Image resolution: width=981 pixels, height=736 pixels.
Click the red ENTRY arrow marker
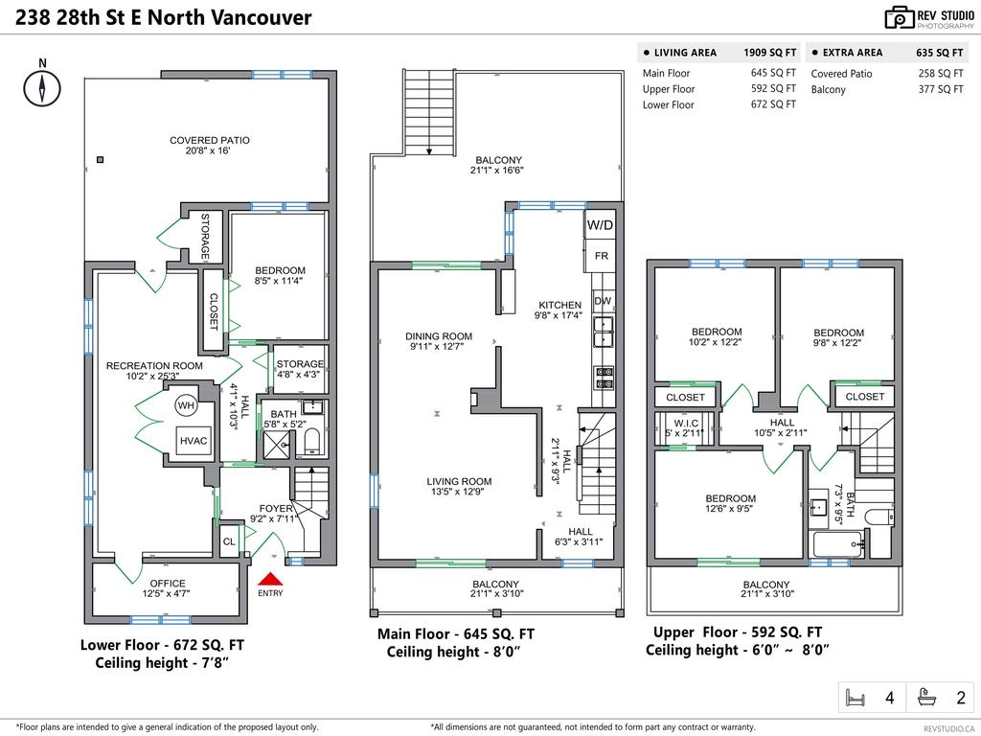coord(271,578)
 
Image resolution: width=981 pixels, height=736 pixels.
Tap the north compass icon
coord(42,88)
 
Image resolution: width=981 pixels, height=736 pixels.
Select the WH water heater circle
coord(186,406)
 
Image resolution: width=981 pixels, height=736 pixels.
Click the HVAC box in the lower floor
coord(193,441)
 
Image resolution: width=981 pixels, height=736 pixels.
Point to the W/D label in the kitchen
coord(600,225)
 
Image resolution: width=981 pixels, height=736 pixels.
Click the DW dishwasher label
coord(603,301)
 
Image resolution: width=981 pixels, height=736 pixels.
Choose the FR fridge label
coord(602,257)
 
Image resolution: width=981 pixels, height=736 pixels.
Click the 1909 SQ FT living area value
coord(769,53)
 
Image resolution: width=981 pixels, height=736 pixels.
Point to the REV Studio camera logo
coord(899,17)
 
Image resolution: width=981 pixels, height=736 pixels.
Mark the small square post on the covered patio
coord(101,160)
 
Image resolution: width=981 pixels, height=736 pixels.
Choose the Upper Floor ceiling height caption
coord(737,651)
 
